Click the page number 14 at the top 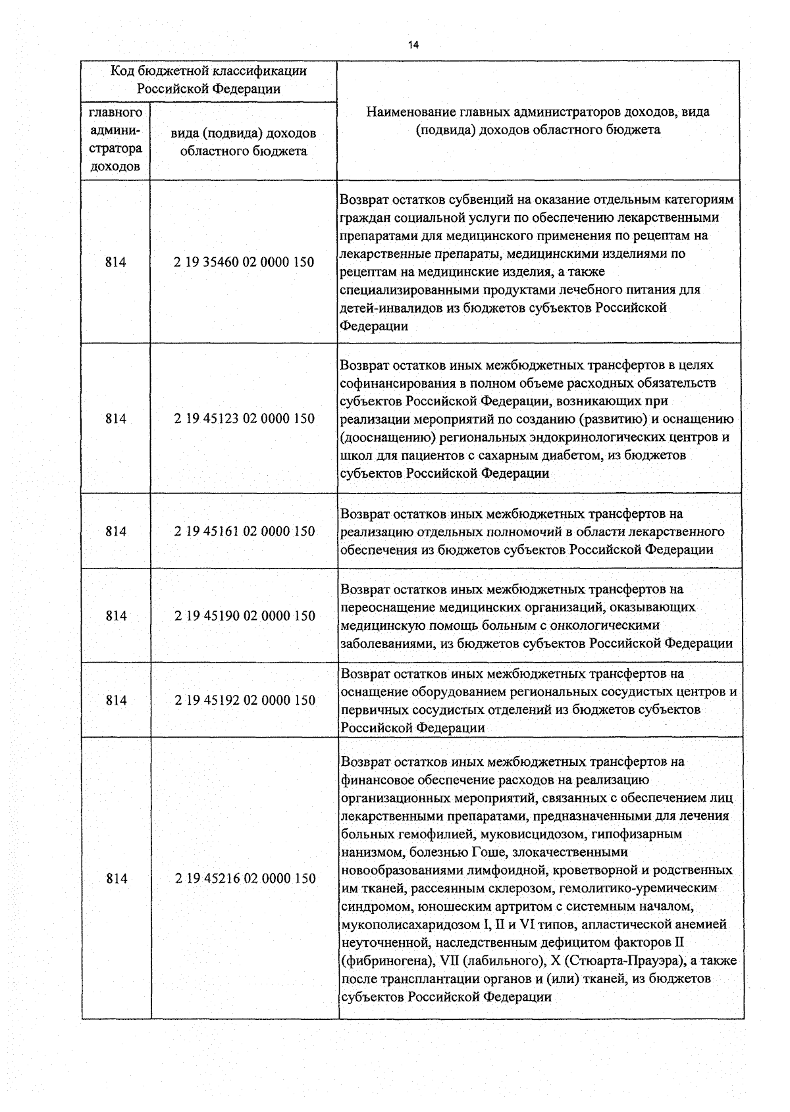(x=413, y=45)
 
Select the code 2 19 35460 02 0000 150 (x=244, y=262)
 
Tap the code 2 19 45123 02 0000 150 (x=244, y=418)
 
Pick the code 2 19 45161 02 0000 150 (x=244, y=531)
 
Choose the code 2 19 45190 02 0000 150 (x=244, y=616)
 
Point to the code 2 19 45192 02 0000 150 (x=244, y=700)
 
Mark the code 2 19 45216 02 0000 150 (x=244, y=878)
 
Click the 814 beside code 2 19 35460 (x=115, y=262)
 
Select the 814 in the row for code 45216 (x=116, y=878)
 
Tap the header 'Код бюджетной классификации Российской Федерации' (x=209, y=80)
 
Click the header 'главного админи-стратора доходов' (x=115, y=139)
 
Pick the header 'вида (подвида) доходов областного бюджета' (x=243, y=142)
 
